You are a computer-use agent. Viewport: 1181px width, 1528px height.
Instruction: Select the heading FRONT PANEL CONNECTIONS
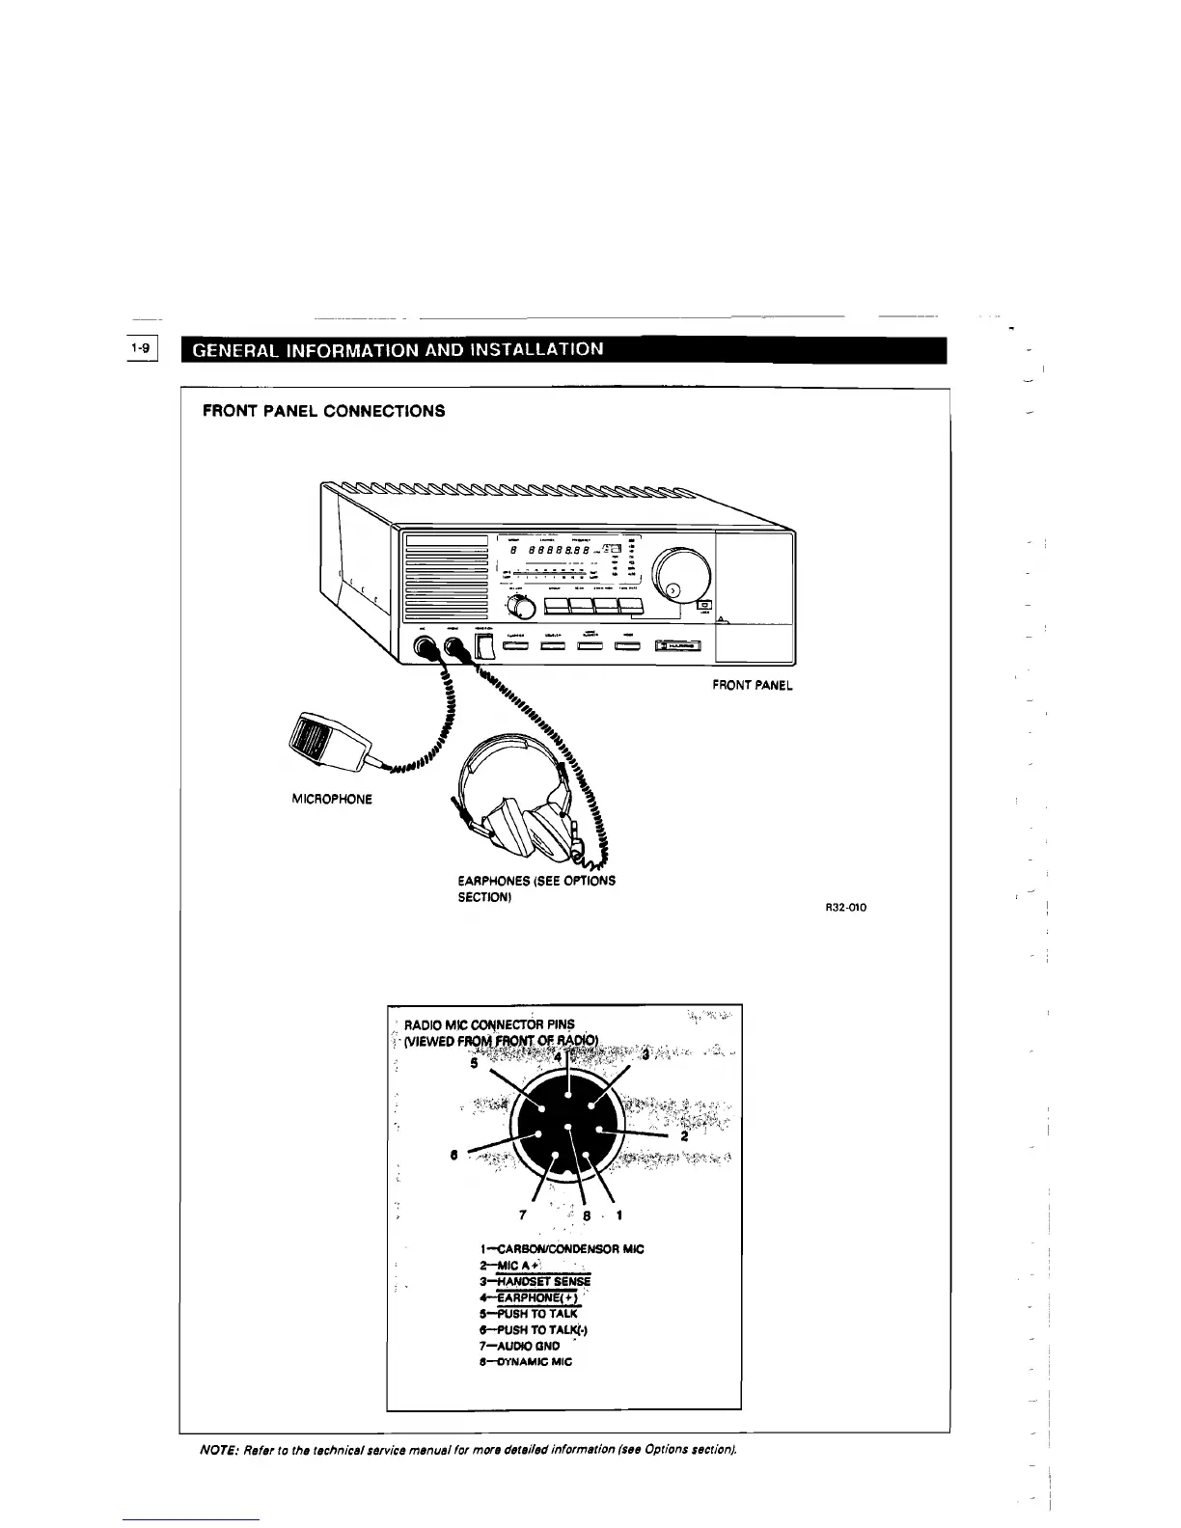click(x=323, y=411)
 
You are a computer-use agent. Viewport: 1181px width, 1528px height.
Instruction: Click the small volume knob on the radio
click(x=521, y=606)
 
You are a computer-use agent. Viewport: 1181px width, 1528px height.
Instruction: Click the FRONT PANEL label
click(x=753, y=685)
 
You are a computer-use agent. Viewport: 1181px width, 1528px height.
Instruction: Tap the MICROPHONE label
click(x=331, y=799)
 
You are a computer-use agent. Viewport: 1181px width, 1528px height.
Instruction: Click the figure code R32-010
click(x=845, y=907)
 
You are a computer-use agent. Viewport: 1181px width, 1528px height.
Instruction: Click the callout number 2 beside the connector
click(x=684, y=1137)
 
